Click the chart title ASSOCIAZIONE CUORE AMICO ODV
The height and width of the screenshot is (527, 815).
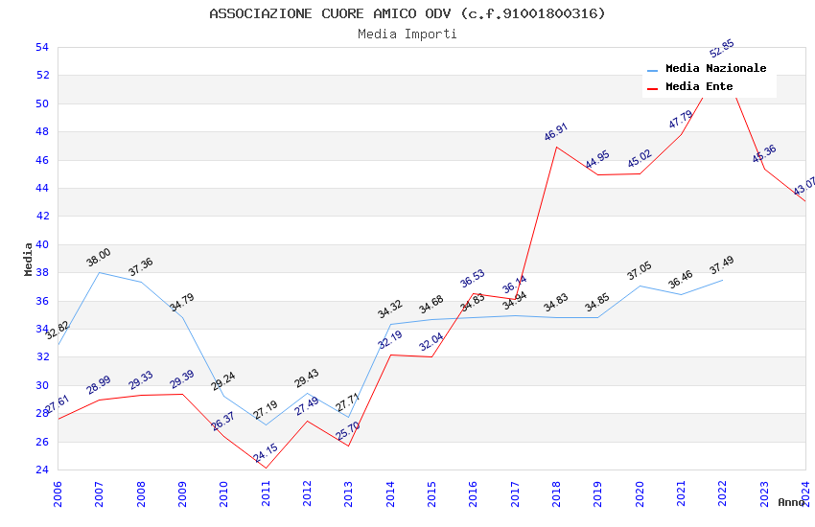pos(407,13)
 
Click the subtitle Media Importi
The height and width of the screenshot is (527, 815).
pos(407,34)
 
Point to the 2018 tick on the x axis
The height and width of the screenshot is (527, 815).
pos(556,493)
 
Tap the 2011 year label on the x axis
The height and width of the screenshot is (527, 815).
pos(266,493)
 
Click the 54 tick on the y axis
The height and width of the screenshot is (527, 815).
pos(42,47)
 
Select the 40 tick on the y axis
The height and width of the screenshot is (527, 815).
pos(42,244)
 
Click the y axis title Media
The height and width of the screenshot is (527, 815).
pos(29,259)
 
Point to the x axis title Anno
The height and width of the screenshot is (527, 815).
pos(791,502)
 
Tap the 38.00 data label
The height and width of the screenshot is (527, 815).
pos(99,258)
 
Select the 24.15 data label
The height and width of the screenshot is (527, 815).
pos(266,453)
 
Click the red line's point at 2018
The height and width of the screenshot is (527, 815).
pos(556,147)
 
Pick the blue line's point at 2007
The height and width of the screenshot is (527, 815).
pos(99,272)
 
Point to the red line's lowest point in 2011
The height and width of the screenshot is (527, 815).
pos(266,468)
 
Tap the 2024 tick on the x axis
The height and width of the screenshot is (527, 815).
pos(804,493)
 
